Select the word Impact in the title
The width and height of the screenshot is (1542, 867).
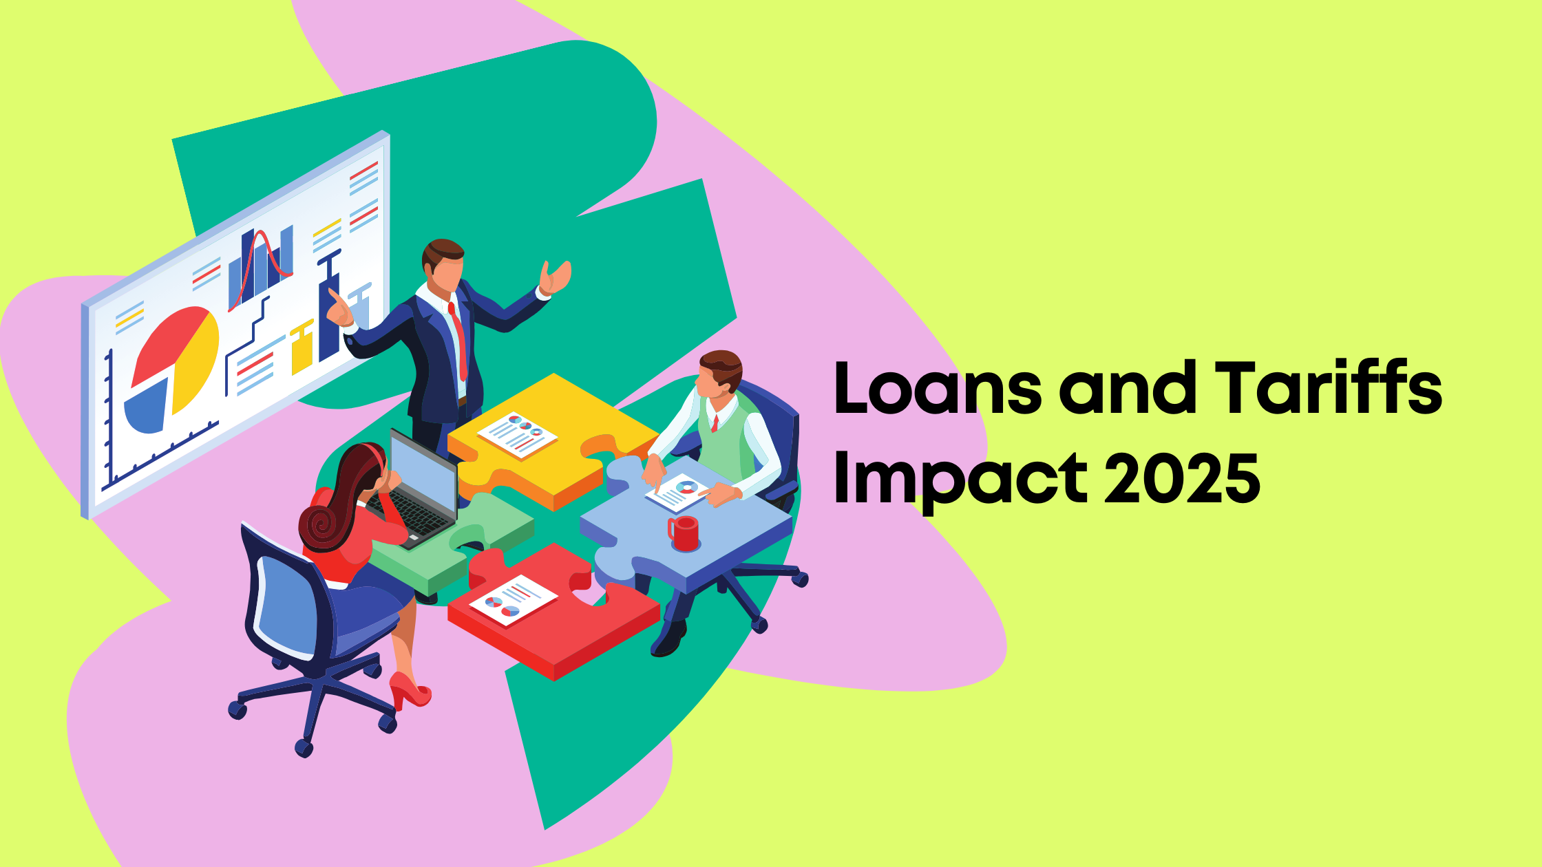coord(960,479)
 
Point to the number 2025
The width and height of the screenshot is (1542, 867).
coord(1182,478)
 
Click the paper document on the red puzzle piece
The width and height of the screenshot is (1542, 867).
coord(514,601)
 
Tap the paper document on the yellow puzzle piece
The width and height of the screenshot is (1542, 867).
coord(517,435)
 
